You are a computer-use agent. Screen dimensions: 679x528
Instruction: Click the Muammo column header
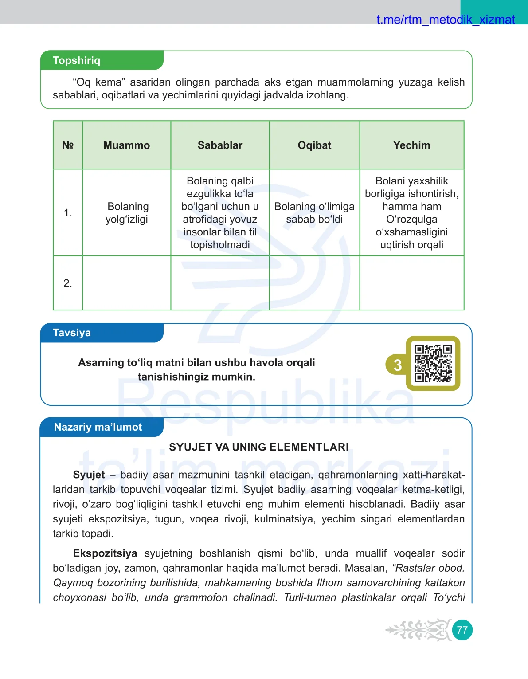point(127,145)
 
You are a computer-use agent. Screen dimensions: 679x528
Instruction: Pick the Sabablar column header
point(220,145)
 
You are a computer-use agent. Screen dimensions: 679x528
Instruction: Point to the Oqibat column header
point(314,145)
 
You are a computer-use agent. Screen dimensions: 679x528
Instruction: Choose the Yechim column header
point(411,145)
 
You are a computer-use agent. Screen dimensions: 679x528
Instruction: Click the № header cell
point(68,145)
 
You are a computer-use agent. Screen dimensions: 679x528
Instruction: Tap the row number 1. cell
point(68,213)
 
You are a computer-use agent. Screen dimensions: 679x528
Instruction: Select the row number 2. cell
point(68,283)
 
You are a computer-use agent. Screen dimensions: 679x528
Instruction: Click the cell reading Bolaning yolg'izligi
point(127,213)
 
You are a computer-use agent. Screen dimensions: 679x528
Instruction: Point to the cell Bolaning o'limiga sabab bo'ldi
point(314,213)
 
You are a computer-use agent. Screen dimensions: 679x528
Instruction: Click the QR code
point(433,363)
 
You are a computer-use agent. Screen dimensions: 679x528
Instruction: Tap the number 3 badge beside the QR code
point(397,365)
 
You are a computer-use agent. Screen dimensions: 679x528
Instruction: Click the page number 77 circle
point(462,630)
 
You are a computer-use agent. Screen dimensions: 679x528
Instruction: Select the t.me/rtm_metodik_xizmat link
point(445,20)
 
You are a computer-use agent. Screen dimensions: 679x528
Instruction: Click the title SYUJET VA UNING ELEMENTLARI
point(259,447)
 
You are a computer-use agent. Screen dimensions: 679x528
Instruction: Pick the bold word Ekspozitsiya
point(105,553)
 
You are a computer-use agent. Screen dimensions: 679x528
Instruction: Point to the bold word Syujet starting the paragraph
point(89,475)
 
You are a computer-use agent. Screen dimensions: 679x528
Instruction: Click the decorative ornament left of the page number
point(418,630)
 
